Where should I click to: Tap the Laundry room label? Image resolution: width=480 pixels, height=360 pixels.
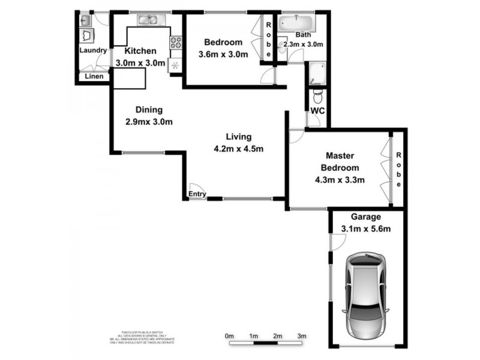click(93, 51)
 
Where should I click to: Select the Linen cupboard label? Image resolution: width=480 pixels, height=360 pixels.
click(94, 76)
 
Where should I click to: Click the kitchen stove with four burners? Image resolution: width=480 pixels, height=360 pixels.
click(176, 43)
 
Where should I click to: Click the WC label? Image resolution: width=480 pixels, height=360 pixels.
click(317, 112)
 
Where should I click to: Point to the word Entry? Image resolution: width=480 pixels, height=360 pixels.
click(197, 194)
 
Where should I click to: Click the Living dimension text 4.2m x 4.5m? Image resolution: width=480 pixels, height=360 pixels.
click(239, 149)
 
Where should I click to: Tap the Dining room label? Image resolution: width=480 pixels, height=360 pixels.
click(149, 110)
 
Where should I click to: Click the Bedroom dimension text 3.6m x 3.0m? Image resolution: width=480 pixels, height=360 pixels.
click(223, 55)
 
